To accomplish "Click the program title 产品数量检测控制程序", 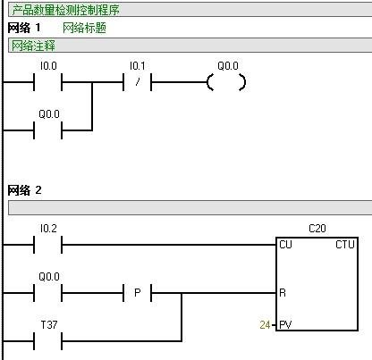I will tap(65, 11).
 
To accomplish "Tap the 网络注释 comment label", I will tap(31, 46).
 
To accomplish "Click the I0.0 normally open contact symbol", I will tap(48, 83).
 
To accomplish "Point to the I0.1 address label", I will tap(137, 66).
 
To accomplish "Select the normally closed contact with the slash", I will tap(137, 83).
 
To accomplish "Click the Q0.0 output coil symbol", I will tap(225, 83).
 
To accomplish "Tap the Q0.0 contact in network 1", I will tap(48, 131).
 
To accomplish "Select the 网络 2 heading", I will tap(24, 190).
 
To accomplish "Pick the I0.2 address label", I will tap(48, 228).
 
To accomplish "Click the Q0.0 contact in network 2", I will tap(48, 292).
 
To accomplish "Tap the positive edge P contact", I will tap(137, 292).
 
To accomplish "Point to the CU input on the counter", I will tap(286, 244).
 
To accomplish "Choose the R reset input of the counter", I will tap(283, 292).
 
